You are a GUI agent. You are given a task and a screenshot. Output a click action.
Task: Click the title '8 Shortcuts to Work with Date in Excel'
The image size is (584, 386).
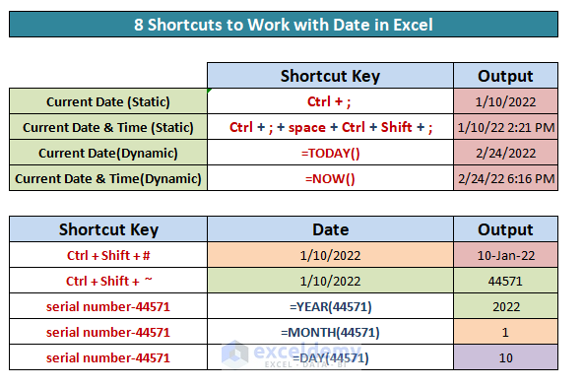click(x=284, y=25)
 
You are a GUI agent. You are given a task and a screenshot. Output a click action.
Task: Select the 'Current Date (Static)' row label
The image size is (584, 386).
click(x=108, y=101)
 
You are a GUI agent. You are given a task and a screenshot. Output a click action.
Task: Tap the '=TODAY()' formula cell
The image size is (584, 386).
click(x=330, y=153)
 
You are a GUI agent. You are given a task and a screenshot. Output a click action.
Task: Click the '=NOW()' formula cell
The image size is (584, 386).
click(x=330, y=178)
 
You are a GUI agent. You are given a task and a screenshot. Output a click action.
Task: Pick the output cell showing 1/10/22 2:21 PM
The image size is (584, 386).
click(x=506, y=127)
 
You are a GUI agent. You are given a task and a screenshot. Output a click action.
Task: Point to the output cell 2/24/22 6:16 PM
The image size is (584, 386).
click(x=506, y=178)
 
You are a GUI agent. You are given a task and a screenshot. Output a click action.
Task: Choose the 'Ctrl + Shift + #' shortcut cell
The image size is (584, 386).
click(x=108, y=255)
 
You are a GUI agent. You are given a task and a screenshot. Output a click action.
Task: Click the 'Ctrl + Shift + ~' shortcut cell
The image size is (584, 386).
click(x=108, y=281)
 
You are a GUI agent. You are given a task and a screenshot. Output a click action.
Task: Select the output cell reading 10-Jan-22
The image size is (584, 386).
click(x=506, y=255)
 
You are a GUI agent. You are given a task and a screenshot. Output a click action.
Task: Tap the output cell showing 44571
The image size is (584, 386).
click(x=506, y=281)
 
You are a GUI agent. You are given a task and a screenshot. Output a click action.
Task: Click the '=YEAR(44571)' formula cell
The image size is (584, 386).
click(x=330, y=306)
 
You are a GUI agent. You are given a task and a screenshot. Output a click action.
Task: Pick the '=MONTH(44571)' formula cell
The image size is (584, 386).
click(x=330, y=332)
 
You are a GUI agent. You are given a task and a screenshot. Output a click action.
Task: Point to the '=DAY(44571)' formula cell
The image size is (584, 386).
click(x=330, y=357)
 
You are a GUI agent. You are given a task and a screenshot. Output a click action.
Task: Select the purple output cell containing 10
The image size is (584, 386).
click(x=506, y=357)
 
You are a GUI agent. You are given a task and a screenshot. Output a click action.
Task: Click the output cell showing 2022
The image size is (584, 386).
click(x=506, y=306)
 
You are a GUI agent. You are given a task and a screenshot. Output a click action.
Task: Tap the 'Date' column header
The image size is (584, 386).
click(x=330, y=229)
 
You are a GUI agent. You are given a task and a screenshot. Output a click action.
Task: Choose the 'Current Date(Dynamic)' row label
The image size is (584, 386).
click(x=108, y=153)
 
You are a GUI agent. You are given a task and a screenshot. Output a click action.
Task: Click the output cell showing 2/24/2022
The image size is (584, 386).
click(x=506, y=153)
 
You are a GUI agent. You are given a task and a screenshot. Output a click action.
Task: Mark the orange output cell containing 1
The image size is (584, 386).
click(x=506, y=332)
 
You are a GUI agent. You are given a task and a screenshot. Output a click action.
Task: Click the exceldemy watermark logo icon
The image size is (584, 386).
click(x=234, y=353)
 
